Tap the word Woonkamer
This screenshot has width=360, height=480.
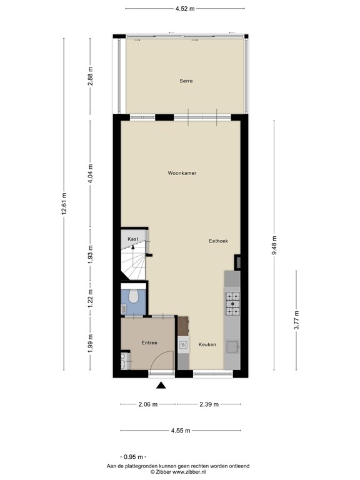point(182,173)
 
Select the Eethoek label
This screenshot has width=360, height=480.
point(219,241)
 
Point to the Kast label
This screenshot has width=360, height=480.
point(132,239)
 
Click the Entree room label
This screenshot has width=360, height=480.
point(149,342)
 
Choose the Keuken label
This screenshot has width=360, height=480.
point(207,345)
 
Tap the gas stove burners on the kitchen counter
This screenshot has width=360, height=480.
point(232,302)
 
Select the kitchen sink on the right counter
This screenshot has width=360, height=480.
point(232,347)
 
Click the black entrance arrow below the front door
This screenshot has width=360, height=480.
point(161,386)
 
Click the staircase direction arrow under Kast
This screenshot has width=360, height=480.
point(132,247)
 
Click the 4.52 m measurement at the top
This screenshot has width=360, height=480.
point(184,8)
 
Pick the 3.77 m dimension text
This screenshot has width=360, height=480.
point(297,321)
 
